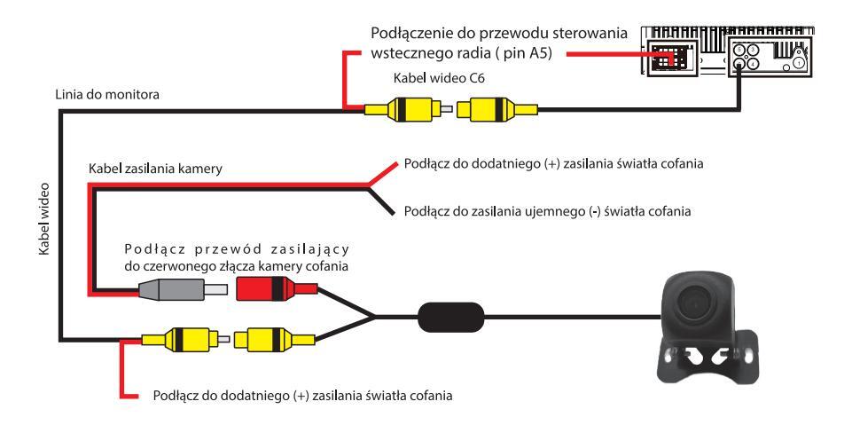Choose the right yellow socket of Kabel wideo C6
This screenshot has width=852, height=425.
click(x=492, y=110)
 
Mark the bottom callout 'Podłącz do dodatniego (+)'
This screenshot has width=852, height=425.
click(x=303, y=395)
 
